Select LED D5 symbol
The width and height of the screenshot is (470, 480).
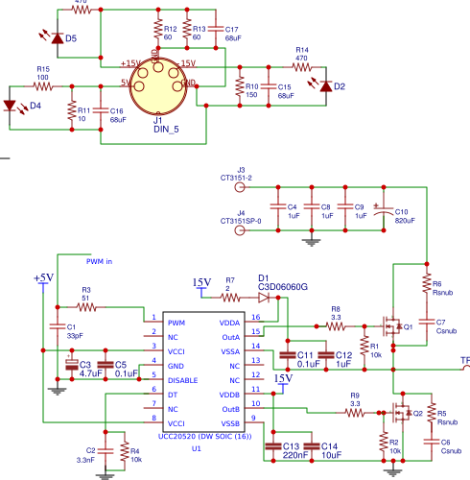click(57, 38)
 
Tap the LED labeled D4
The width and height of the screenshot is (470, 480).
click(13, 105)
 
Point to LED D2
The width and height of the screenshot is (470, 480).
click(325, 86)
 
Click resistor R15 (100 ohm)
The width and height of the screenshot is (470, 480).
click(43, 85)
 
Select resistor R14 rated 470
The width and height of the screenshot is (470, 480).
click(301, 66)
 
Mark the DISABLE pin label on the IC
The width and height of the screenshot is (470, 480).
click(183, 379)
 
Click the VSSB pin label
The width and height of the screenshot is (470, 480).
click(230, 422)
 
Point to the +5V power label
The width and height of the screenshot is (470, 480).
click(43, 278)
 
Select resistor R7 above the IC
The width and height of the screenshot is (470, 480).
click(229, 298)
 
